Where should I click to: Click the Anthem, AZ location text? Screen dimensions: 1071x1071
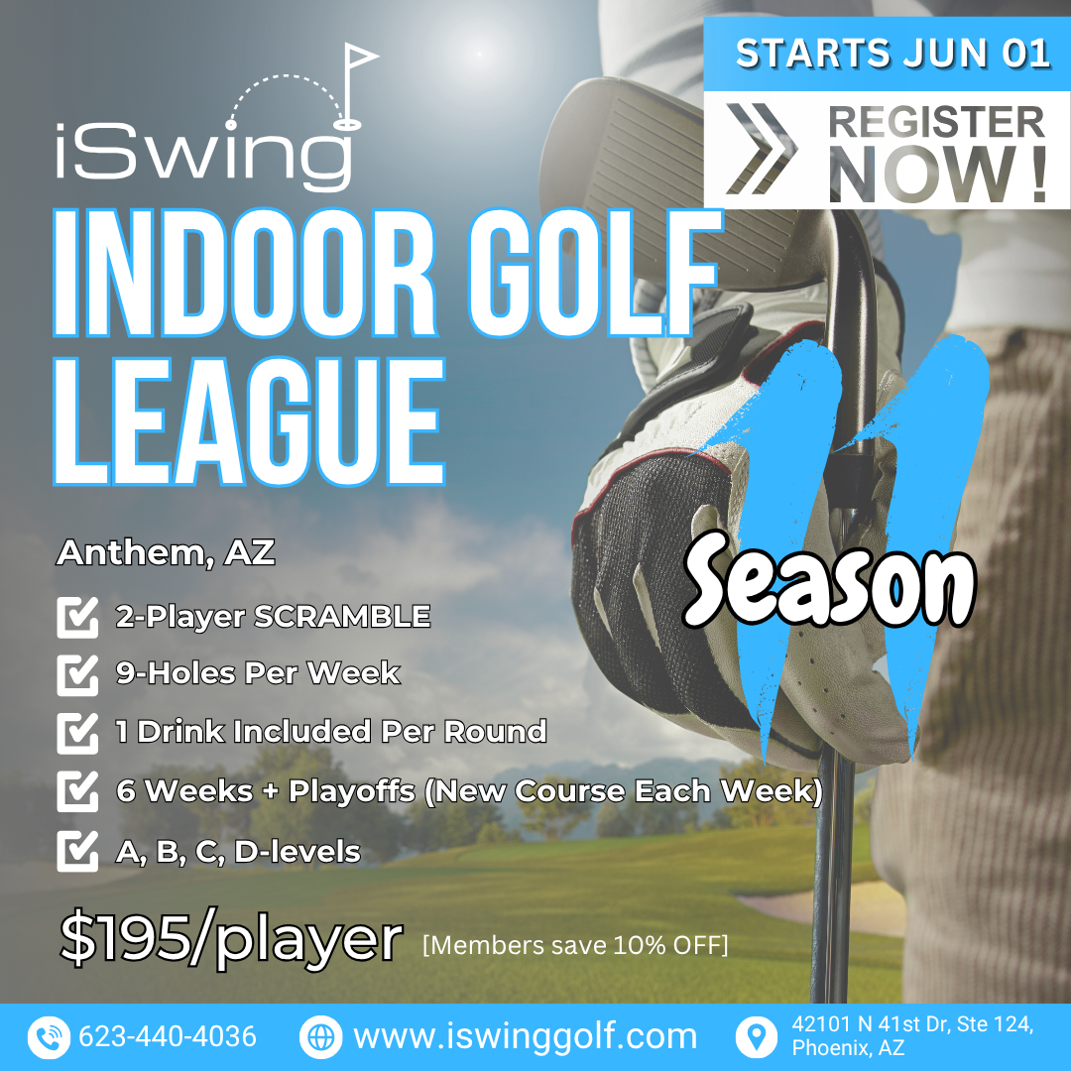[166, 552]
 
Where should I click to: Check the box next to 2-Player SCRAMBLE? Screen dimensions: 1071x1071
[77, 617]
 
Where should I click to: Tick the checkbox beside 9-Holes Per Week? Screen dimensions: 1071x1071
[77, 674]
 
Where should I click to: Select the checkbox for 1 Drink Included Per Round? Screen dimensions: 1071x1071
[77, 733]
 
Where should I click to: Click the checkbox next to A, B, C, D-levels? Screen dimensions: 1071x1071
[77, 851]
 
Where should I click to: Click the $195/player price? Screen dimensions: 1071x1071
[231, 938]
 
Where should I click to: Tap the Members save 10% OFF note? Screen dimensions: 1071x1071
[575, 945]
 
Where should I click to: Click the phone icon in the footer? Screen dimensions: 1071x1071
[49, 1037]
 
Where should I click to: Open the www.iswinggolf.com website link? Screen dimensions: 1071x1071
[526, 1037]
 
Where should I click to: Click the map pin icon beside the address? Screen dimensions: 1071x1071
[757, 1037]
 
